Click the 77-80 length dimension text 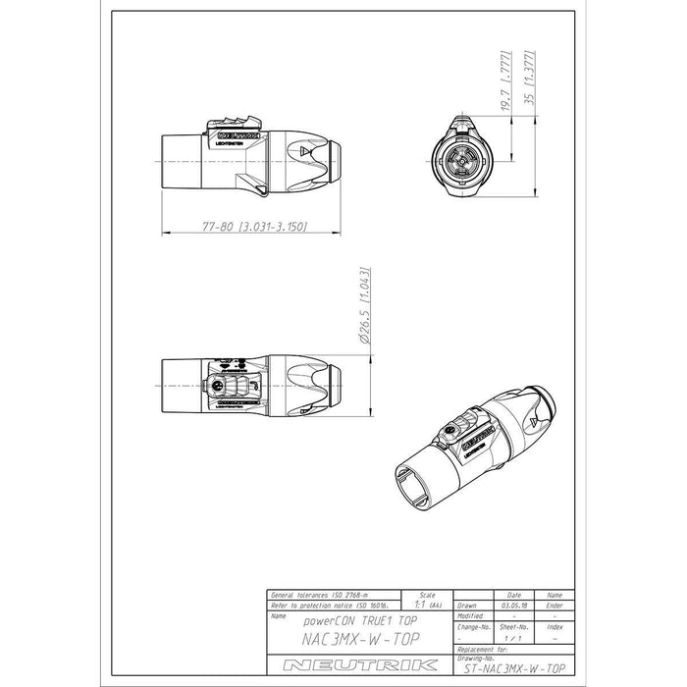pyautogui.click(x=254, y=227)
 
